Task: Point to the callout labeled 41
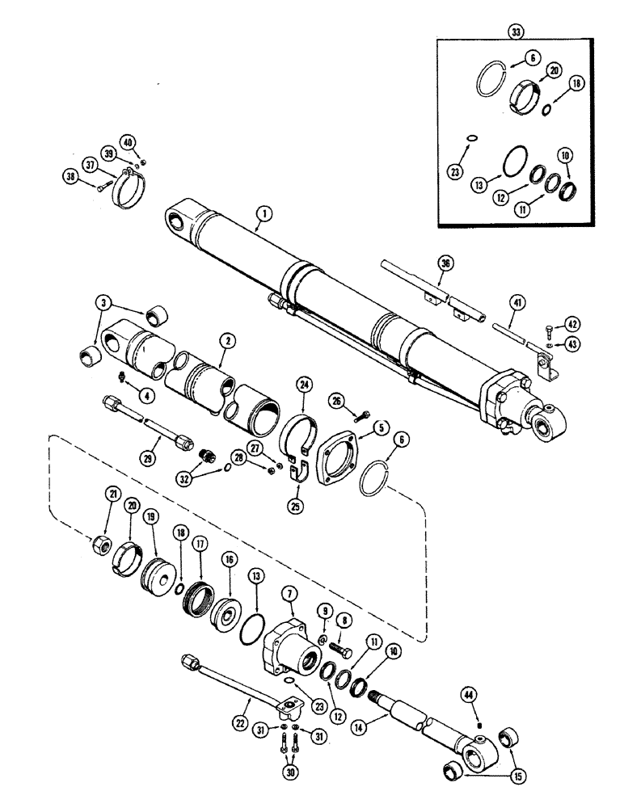point(518,302)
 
